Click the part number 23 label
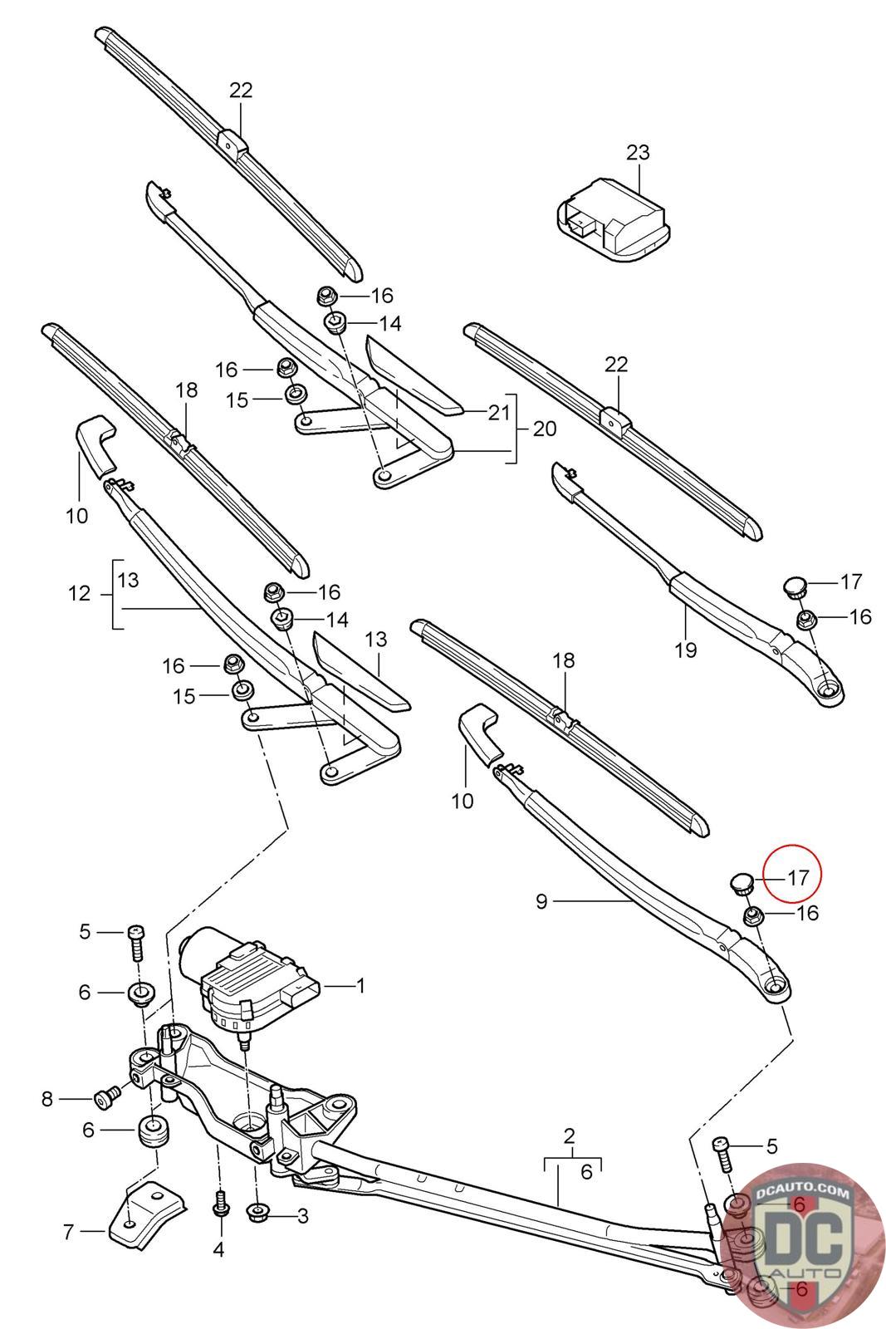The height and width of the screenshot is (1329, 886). pyautogui.click(x=638, y=153)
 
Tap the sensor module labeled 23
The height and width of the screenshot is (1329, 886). pyautogui.click(x=614, y=220)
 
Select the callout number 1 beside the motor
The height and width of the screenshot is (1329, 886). pyautogui.click(x=360, y=986)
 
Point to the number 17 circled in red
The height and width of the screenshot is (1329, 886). pyautogui.click(x=798, y=877)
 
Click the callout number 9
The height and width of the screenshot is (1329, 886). pyautogui.click(x=541, y=902)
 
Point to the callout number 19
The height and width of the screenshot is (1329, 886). pyautogui.click(x=686, y=650)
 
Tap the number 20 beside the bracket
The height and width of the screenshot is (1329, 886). pyautogui.click(x=545, y=429)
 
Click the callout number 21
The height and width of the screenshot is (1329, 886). pyautogui.click(x=498, y=412)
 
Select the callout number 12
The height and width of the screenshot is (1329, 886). pyautogui.click(x=79, y=593)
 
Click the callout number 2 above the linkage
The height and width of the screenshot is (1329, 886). pyautogui.click(x=570, y=1136)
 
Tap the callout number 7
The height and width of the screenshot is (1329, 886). pyautogui.click(x=68, y=1233)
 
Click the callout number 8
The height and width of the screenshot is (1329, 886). pyautogui.click(x=47, y=1100)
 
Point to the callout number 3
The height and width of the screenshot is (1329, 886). pyautogui.click(x=302, y=1216)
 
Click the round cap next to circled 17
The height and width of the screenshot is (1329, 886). pyautogui.click(x=741, y=884)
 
